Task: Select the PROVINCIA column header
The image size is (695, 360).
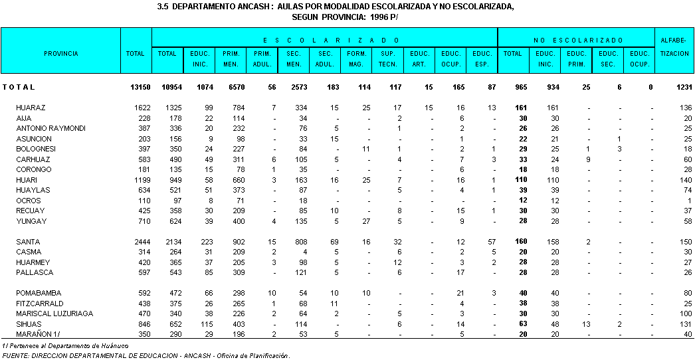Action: [x=61, y=53]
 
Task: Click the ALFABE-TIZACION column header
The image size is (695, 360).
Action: [x=675, y=47]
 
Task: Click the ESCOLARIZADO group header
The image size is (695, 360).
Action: [x=324, y=41]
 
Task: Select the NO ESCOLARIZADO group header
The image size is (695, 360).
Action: [x=577, y=41]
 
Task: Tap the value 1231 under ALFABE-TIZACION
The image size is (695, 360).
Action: [x=682, y=87]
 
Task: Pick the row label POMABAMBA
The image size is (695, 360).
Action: [x=34, y=293]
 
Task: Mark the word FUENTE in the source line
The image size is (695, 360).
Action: [x=16, y=356]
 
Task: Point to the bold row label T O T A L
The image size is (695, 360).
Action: [x=19, y=87]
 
